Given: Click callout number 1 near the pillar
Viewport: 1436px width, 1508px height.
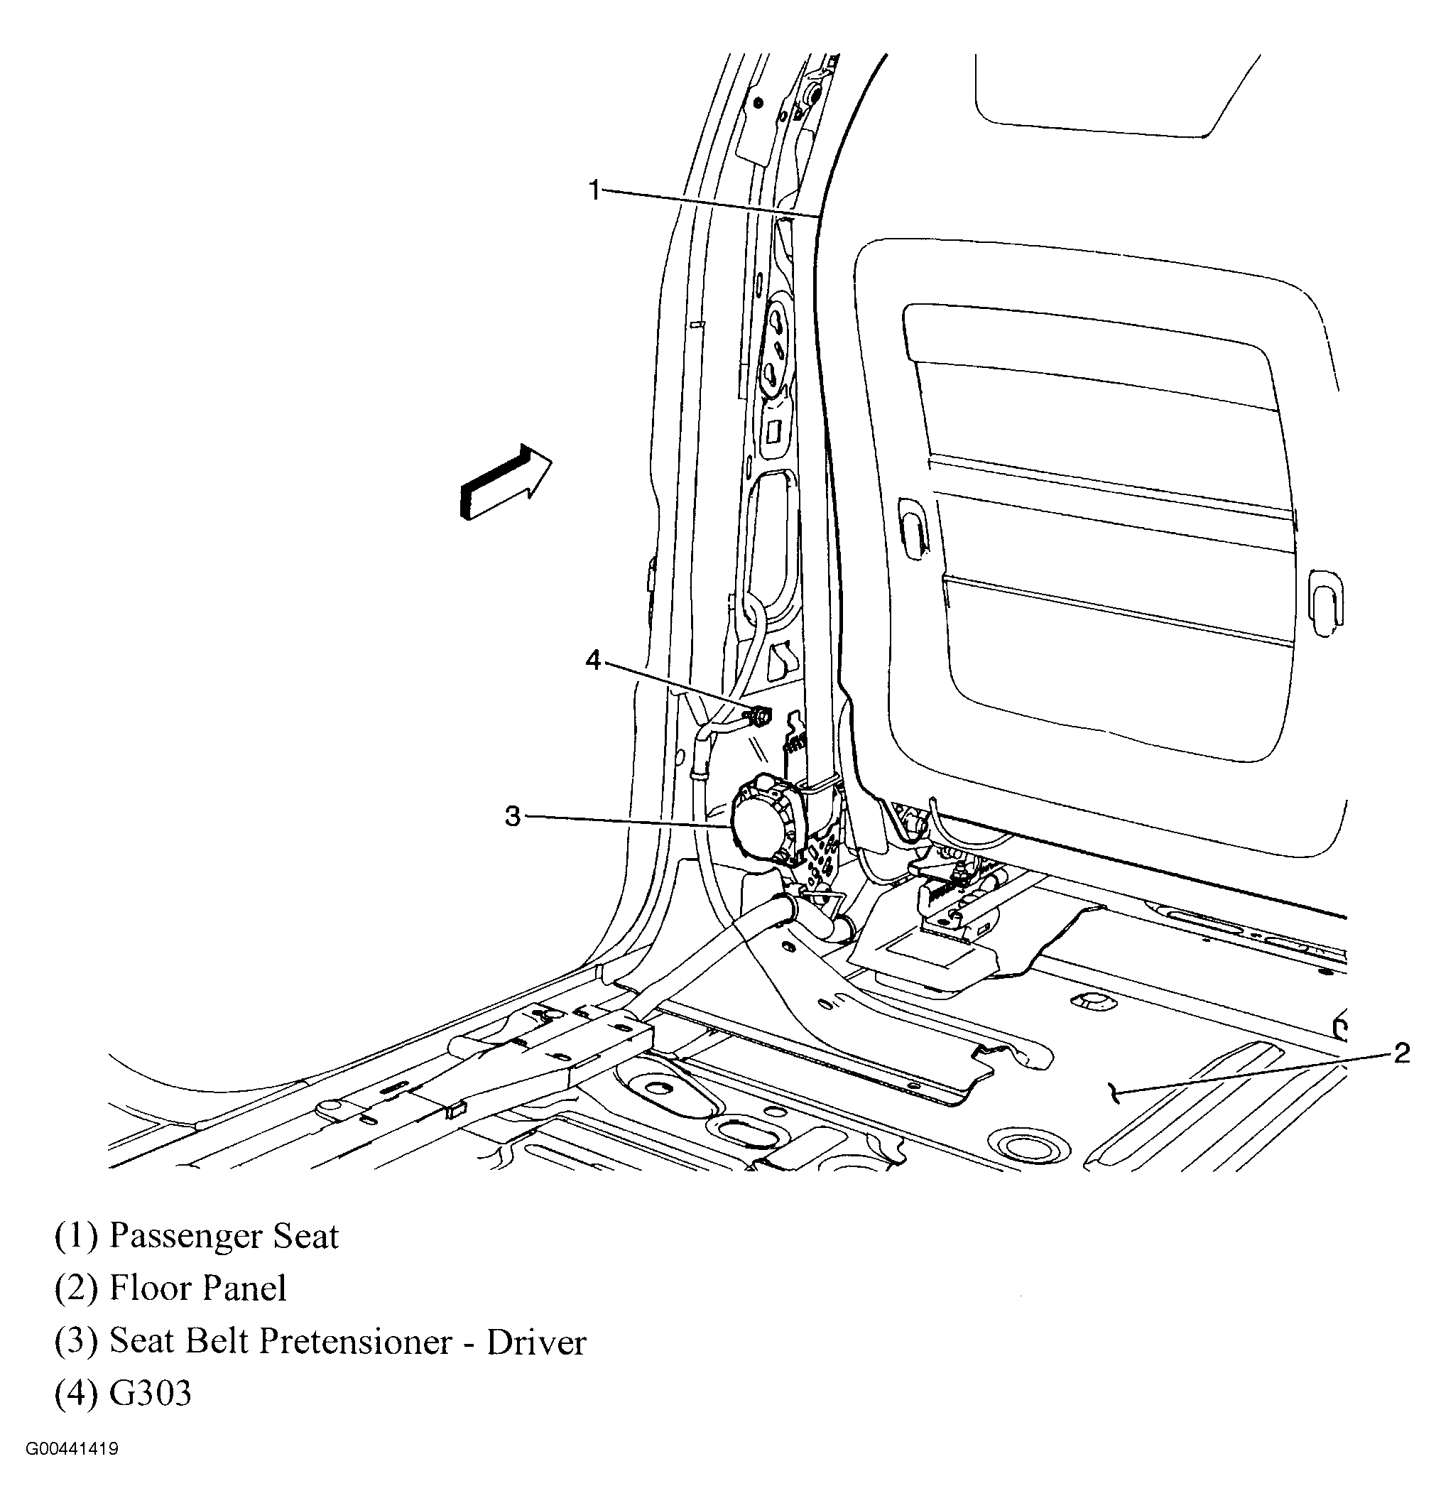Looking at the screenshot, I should point(594,190).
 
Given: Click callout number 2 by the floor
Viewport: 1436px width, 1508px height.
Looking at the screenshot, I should point(1400,1054).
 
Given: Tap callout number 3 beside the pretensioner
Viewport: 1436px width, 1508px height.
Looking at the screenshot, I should point(512,817).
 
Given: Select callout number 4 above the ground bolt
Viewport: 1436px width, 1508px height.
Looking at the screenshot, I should point(594,660).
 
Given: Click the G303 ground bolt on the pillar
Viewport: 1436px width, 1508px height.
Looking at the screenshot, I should point(760,716).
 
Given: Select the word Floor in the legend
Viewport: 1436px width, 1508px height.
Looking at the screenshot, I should point(148,1289).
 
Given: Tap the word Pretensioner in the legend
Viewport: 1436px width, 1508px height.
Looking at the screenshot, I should point(355,1342).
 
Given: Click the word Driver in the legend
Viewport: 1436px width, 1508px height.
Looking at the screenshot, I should point(535,1342).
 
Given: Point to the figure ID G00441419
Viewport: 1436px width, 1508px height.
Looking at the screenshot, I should point(72,1449).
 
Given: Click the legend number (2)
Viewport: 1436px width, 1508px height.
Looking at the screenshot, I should point(76,1289).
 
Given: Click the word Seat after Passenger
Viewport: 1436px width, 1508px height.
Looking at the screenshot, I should point(306,1236).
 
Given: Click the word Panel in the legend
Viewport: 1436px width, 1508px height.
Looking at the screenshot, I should point(241,1289).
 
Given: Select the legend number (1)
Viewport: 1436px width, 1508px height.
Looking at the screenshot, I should point(76,1236).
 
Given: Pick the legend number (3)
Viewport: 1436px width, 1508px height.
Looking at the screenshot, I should point(76,1342).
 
